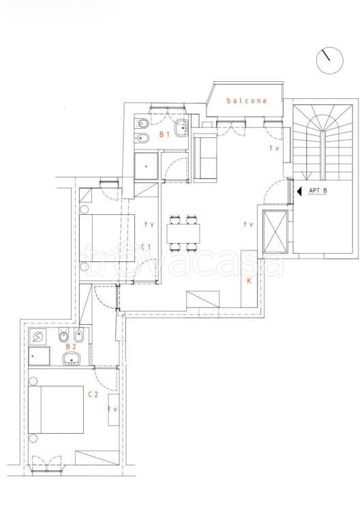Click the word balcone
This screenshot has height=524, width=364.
point(247,100)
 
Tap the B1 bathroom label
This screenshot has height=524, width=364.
point(165,134)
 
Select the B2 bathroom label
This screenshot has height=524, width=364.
point(71,347)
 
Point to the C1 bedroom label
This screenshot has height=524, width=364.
point(146,247)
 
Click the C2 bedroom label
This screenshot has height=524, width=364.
point(93,394)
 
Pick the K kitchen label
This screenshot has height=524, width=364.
point(249,281)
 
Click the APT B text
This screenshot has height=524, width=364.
point(318,191)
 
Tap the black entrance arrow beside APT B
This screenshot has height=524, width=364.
point(299,191)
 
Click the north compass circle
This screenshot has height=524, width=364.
point(330,61)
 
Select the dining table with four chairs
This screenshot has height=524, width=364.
point(183,233)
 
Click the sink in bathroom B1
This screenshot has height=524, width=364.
point(182,128)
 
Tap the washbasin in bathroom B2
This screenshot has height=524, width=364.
point(71,359)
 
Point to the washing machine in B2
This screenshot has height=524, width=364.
point(37,337)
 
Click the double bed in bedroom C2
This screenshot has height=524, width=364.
point(56,409)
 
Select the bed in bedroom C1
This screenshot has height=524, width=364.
point(107,238)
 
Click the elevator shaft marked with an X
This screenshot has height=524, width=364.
point(275,231)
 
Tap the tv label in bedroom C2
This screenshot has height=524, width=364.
point(112,409)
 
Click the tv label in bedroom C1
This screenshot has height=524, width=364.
point(149,224)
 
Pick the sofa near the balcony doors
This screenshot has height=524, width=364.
point(205,157)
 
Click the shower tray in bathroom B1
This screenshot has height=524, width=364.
point(146,166)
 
